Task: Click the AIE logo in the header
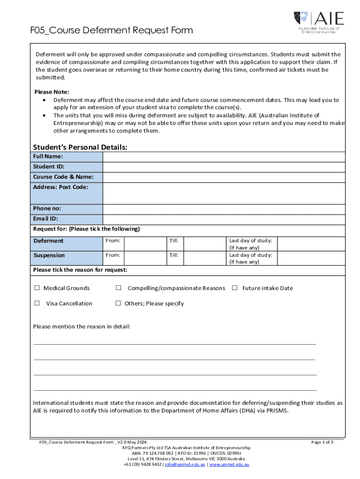click(319, 22)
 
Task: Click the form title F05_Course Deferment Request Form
click(104, 31)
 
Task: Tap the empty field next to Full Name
click(223, 157)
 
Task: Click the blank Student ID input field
click(223, 167)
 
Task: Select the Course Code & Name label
click(63, 177)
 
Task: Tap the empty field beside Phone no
click(223, 209)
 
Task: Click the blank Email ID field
click(223, 219)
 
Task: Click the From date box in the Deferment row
click(145, 243)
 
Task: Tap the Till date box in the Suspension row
click(205, 258)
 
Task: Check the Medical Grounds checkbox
click(37, 288)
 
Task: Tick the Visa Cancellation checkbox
click(37, 303)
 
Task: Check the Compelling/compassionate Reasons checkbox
click(119, 288)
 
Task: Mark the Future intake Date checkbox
click(235, 288)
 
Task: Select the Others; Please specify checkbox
click(118, 303)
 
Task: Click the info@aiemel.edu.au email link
click(186, 464)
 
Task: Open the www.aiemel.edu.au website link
click(229, 464)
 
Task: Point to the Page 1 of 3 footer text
click(322, 442)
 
